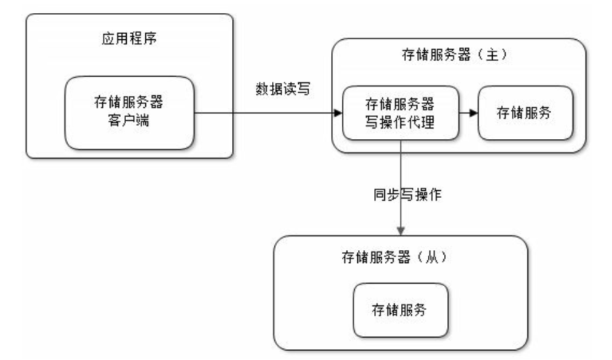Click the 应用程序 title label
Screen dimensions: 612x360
[129, 38]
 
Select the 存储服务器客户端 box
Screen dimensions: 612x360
[129, 113]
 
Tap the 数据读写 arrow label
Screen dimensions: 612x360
[283, 89]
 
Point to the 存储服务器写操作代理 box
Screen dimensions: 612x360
[400, 113]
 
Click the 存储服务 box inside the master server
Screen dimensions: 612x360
[525, 113]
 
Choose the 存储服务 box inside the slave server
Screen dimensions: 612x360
[400, 310]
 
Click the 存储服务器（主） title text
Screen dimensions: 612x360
[455, 55]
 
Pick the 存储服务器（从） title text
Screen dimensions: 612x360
[394, 257]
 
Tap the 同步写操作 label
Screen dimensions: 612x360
[407, 194]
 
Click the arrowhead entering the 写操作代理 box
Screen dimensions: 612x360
[338, 113]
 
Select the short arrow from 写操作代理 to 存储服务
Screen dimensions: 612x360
[468, 113]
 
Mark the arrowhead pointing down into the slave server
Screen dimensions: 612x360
[401, 231]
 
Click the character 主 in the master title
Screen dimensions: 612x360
[492, 55]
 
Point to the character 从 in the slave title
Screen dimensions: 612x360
[431, 257]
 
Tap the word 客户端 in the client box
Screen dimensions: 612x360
[129, 120]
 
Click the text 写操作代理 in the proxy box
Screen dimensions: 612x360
[400, 122]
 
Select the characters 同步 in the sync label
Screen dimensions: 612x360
[387, 194]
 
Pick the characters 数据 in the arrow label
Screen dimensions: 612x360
[269, 89]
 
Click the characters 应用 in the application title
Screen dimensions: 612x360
[115, 38]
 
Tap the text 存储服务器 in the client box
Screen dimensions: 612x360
[129, 102]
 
